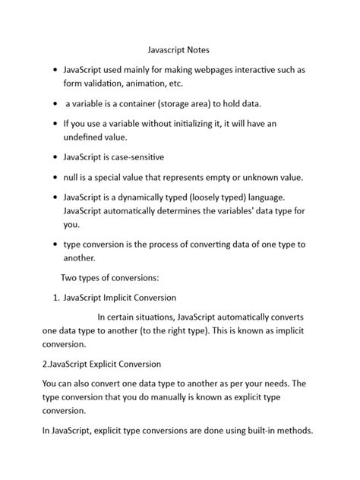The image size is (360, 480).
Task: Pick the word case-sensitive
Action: click(x=139, y=157)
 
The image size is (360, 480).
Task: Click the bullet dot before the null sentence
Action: click(x=55, y=178)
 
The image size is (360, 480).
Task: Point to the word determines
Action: click(x=178, y=210)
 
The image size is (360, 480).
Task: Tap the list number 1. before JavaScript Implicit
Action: click(x=56, y=297)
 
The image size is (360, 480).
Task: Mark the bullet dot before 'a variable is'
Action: click(x=55, y=103)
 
